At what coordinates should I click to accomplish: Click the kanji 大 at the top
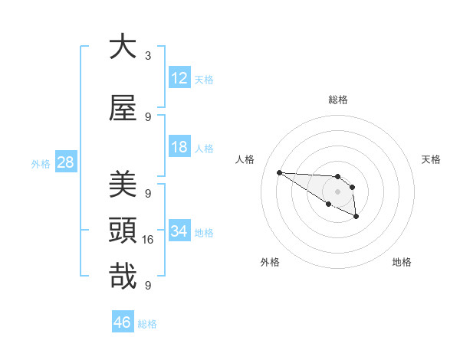[123, 47]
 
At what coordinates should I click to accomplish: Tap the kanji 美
[123, 184]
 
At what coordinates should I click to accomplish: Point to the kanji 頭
[123, 229]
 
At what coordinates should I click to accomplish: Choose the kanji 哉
[123, 276]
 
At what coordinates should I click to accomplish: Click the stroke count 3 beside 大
[148, 56]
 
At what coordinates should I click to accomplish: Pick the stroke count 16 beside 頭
[149, 240]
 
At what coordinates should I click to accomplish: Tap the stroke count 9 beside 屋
[148, 117]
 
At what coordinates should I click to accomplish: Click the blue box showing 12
[179, 78]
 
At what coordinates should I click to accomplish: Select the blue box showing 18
[179, 147]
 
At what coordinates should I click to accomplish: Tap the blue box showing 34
[179, 231]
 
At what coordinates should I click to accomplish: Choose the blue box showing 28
[65, 162]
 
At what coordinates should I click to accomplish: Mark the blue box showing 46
[123, 322]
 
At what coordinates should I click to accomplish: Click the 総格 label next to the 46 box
[147, 324]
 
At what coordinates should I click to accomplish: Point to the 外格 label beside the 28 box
[41, 164]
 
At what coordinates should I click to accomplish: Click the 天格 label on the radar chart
[431, 159]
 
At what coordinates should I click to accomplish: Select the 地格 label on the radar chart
[402, 262]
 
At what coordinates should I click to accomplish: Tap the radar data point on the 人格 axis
[279, 172]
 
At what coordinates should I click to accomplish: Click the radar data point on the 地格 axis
[356, 218]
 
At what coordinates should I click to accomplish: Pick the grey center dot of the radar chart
[337, 191]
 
